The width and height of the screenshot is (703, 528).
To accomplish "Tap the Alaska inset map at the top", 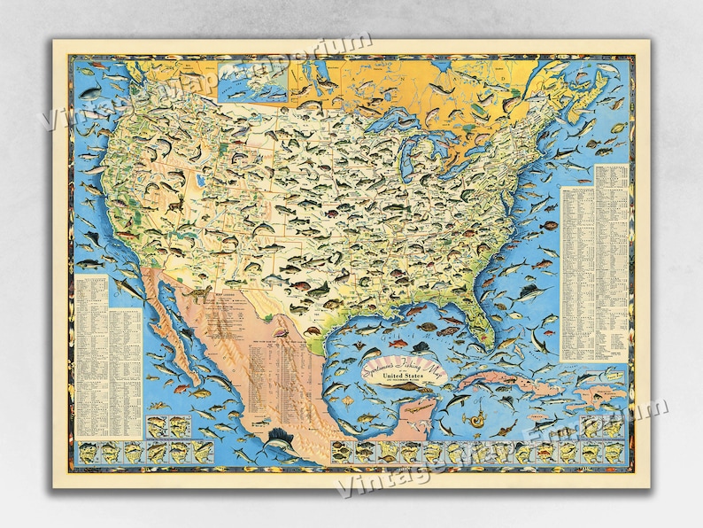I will pos(253,81).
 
